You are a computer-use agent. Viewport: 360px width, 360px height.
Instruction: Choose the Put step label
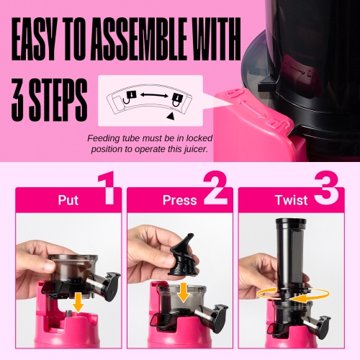(x=68, y=200)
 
